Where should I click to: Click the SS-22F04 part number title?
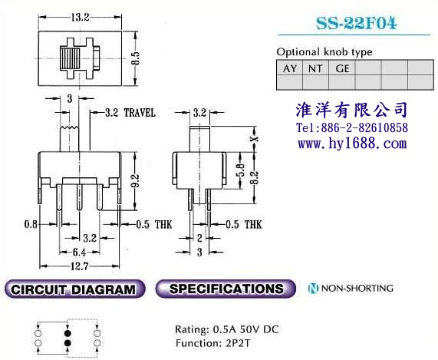[x=356, y=23]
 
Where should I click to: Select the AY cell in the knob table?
[x=290, y=68]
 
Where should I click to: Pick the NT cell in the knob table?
[x=315, y=68]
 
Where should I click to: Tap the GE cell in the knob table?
[x=342, y=68]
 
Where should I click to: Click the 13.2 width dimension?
[x=80, y=18]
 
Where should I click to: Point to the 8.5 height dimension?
[x=136, y=58]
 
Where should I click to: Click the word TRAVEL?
[x=140, y=113]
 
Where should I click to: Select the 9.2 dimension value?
[x=136, y=180]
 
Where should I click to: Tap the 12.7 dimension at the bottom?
[x=79, y=266]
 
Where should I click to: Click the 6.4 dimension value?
[x=79, y=253]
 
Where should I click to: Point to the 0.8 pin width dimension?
[x=31, y=224]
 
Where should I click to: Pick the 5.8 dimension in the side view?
[x=241, y=170]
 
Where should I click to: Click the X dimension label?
[x=254, y=139]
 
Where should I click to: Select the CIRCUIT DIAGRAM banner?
[x=75, y=289]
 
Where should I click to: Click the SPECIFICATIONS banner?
[x=226, y=289]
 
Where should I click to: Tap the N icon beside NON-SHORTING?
[x=313, y=288]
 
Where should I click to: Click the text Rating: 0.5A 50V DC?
[x=227, y=329]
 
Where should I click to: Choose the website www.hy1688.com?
[x=352, y=144]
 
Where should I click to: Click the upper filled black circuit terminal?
[x=68, y=333]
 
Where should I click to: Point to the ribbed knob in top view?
[x=70, y=58]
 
